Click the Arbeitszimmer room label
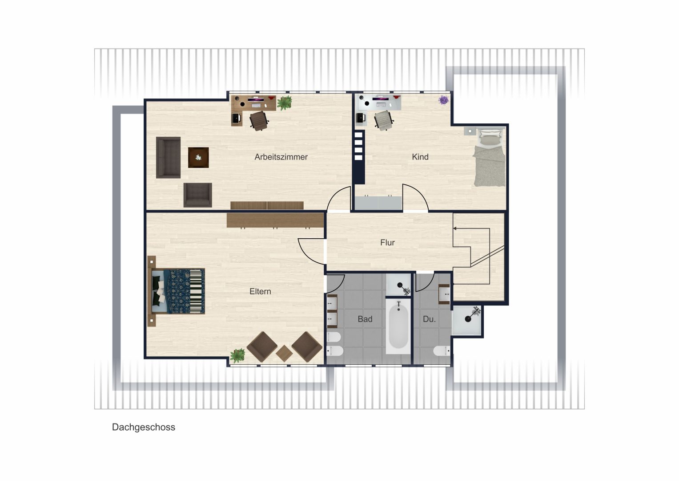point(281,157)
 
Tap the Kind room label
point(420,157)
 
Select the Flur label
point(387,243)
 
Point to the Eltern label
point(260,292)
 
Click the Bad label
point(365,319)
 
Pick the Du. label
point(429,319)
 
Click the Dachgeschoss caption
point(144,428)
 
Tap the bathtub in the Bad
point(398,326)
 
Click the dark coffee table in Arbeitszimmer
point(198,158)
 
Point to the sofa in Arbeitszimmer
point(168,157)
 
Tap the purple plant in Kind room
point(443,100)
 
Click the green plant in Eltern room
point(237,355)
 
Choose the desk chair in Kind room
point(384,120)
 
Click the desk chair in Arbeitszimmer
point(259,121)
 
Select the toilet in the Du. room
point(442,351)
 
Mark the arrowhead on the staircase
point(455,228)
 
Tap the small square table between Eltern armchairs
point(284,354)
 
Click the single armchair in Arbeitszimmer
point(197,195)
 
